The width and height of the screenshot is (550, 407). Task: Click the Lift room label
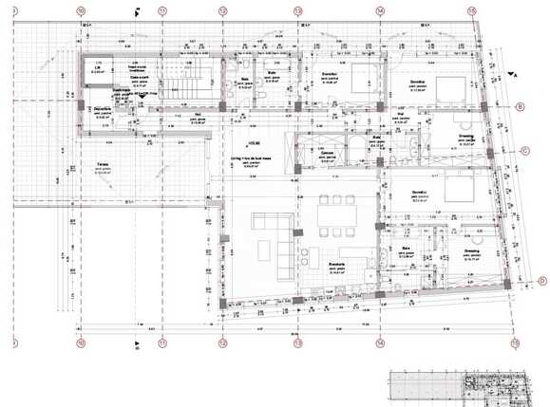pos(96,68)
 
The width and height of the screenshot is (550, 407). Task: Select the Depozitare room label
pos(101,109)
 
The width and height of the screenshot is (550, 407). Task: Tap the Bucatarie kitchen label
pos(331,265)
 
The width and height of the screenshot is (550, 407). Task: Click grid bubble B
pos(520,107)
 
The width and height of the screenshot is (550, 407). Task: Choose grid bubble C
pos(524,150)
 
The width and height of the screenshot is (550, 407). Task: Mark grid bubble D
pos(541,280)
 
